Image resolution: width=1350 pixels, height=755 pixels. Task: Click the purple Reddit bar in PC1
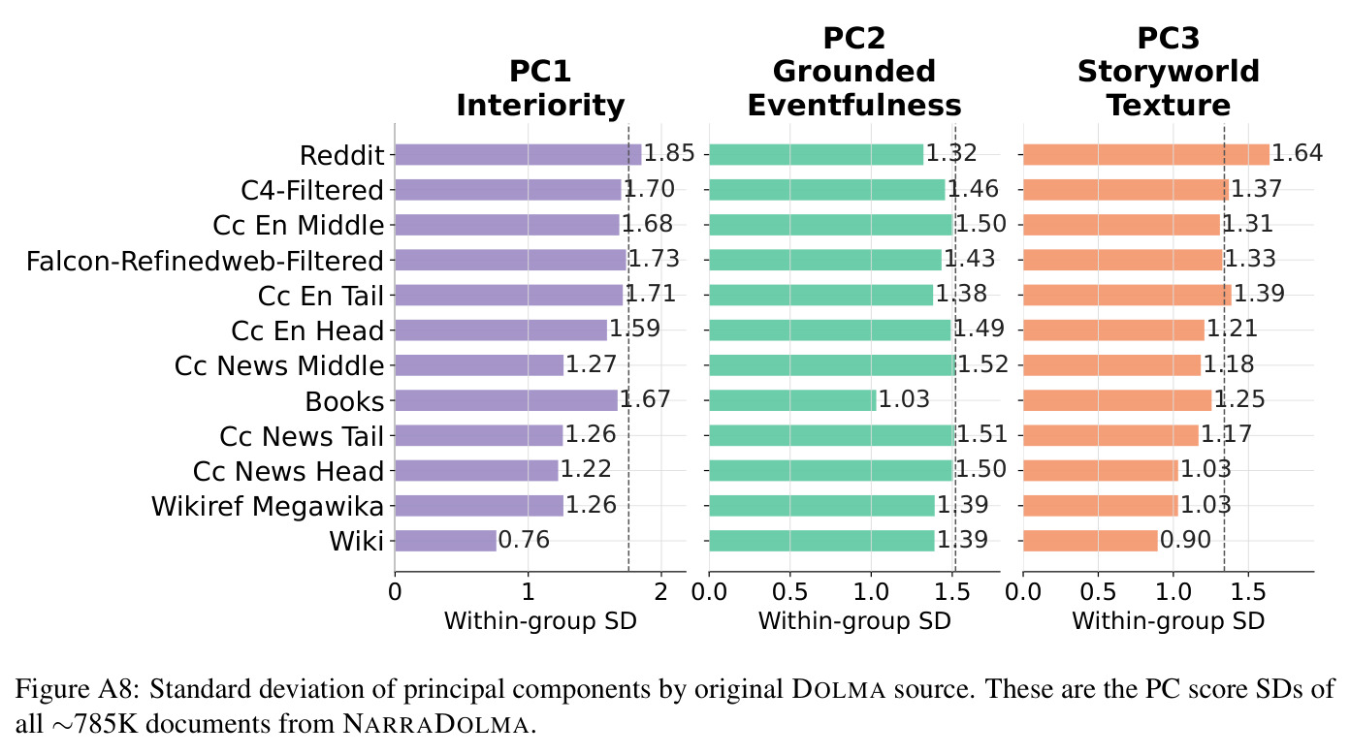(518, 155)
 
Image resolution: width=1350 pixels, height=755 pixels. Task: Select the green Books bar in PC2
(792, 400)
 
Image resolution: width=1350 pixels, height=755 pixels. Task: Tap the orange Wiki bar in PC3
(1090, 541)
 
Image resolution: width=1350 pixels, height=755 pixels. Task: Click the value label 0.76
(524, 540)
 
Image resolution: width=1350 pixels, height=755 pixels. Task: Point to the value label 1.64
(1297, 153)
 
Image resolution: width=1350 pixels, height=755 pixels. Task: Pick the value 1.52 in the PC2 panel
(982, 364)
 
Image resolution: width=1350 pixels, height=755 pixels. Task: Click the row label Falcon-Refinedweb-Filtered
(205, 262)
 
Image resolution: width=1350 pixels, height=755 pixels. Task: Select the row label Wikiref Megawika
(268, 506)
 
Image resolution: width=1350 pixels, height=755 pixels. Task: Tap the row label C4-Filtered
(312, 190)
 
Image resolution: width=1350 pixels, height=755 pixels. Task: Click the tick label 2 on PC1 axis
(661, 592)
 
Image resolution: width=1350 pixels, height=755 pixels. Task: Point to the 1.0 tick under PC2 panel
(870, 592)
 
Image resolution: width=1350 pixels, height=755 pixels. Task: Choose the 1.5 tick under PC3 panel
(1247, 592)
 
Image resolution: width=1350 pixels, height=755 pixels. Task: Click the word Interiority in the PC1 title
(540, 106)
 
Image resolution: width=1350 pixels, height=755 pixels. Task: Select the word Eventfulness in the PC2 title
(854, 106)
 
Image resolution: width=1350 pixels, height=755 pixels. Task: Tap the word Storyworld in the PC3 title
(1169, 72)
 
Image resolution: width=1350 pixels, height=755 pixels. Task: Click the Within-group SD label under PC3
(1168, 620)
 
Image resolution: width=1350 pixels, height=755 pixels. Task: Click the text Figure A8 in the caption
(78, 689)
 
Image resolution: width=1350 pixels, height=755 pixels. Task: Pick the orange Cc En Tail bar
(1127, 295)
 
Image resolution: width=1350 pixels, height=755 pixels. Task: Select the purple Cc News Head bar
(476, 471)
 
